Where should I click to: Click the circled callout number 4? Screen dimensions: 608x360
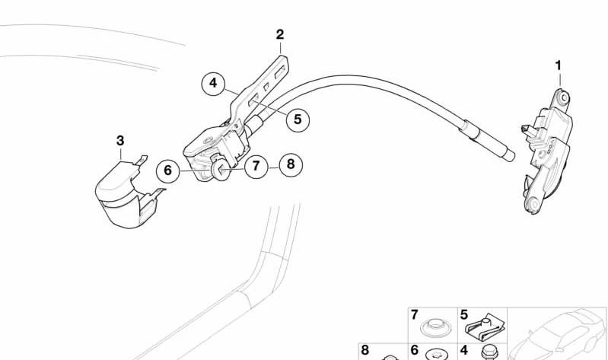tap(213, 83)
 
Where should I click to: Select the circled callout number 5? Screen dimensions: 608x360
tap(298, 119)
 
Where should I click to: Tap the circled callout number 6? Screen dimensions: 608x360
tap(168, 170)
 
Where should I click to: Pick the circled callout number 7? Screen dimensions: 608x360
tap(256, 167)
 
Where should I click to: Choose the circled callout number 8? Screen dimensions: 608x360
tap(291, 164)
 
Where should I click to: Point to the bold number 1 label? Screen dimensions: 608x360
tap(559, 65)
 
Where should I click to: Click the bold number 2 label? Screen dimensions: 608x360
tap(280, 34)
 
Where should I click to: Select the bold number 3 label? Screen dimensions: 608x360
tap(120, 141)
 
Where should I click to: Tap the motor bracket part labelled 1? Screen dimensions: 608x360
tap(546, 151)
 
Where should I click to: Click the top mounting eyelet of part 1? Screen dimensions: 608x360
tap(564, 97)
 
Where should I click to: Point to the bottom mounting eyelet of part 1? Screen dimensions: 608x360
tap(534, 204)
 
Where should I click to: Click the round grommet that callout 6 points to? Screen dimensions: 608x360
tap(220, 170)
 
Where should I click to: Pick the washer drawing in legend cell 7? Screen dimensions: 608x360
tap(435, 328)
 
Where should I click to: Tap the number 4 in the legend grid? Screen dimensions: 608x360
tap(463, 350)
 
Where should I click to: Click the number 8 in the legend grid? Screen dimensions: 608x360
tap(365, 350)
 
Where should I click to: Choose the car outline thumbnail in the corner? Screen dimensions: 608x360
tap(558, 334)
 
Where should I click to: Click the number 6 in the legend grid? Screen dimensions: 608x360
tap(415, 350)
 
